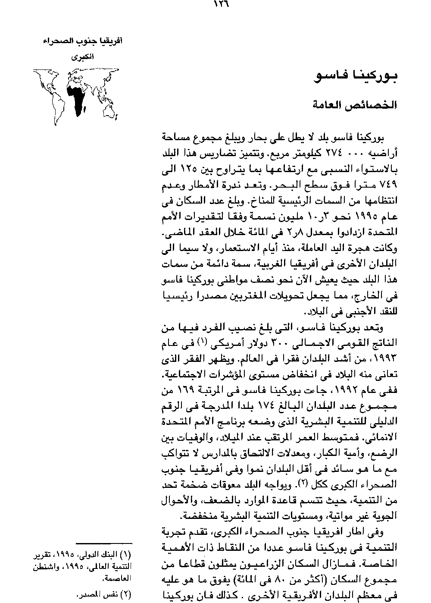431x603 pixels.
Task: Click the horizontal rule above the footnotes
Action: click(104, 542)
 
